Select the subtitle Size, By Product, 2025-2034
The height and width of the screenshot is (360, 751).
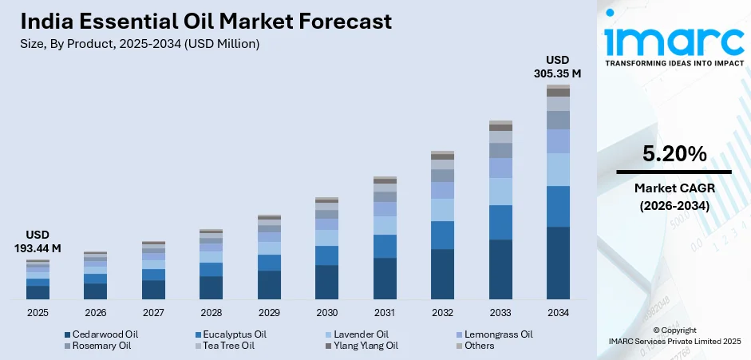(x=140, y=44)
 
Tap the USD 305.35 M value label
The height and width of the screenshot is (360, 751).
(x=557, y=67)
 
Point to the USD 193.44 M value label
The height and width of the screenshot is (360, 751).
(x=38, y=243)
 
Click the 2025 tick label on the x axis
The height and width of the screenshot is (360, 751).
(x=38, y=312)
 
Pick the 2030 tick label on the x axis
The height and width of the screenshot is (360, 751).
(x=327, y=312)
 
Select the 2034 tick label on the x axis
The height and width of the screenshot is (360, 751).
(x=558, y=312)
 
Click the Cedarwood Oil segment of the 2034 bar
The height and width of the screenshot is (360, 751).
(x=558, y=263)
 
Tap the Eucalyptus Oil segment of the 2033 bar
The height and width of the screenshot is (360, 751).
(x=500, y=222)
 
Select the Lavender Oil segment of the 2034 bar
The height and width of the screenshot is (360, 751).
(x=558, y=169)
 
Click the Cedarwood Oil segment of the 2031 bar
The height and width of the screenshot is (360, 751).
(x=385, y=278)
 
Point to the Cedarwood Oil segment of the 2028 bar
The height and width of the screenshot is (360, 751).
(x=211, y=287)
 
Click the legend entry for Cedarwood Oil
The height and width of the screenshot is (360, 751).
(x=99, y=334)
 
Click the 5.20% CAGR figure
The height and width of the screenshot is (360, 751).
(x=674, y=155)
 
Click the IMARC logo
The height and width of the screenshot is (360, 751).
(x=673, y=38)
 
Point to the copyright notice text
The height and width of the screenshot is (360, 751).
(x=673, y=335)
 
